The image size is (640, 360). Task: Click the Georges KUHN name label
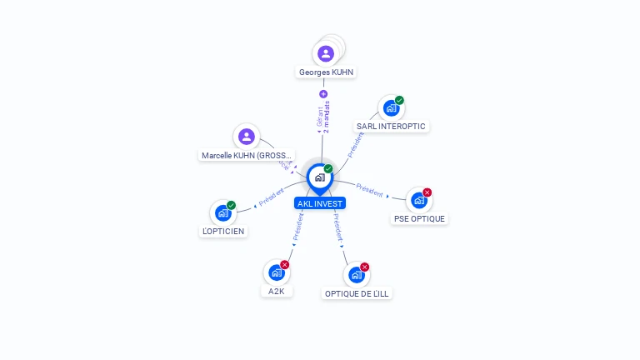326,72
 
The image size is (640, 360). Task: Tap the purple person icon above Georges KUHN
326,53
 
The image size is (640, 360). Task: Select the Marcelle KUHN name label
247,156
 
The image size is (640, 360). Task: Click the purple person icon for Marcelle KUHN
246,137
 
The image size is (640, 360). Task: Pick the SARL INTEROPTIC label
391,127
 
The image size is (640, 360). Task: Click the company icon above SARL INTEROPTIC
390,108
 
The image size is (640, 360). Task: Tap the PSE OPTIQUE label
419,219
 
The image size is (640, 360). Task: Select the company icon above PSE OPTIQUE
418,200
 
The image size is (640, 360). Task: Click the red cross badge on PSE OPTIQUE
427,192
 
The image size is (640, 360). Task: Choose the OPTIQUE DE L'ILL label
357,293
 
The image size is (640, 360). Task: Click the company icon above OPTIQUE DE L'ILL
356,274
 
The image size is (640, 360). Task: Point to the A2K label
277,292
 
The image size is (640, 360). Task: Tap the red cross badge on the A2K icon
285,265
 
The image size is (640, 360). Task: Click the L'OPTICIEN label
223,232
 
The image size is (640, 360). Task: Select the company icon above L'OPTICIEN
222,212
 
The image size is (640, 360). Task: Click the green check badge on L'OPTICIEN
232,205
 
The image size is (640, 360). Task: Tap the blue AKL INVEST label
319,203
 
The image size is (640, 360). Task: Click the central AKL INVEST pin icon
319,177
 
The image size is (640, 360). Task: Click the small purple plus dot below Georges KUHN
323,94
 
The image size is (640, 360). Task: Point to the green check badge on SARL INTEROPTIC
399,101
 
